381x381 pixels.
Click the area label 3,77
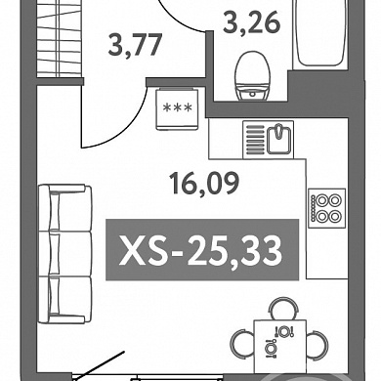coord(135,45)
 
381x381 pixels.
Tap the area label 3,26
coord(251,22)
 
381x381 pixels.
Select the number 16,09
coord(205,184)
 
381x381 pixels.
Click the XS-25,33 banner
coord(202,250)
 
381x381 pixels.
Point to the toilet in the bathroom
coord(253,76)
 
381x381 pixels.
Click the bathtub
coord(320,32)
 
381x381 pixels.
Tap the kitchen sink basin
coord(278,140)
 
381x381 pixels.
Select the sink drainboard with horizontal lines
coord(255,140)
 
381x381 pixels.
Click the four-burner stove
coord(327,208)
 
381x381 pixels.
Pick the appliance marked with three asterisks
coord(177,109)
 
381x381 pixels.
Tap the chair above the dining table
coord(283,308)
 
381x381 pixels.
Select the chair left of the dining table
coord(241,344)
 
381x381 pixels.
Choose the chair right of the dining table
coord(317,344)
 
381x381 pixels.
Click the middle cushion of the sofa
coord(65,254)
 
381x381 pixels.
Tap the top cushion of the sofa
coord(65,208)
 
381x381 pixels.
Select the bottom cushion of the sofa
coord(65,300)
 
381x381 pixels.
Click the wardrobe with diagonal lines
coord(59,38)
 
